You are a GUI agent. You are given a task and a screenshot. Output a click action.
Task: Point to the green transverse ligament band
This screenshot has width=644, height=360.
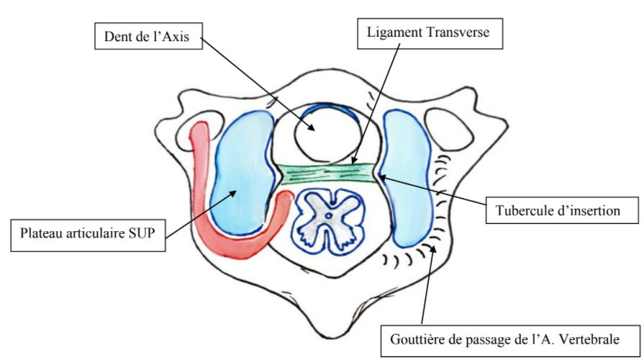(x=327, y=173)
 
